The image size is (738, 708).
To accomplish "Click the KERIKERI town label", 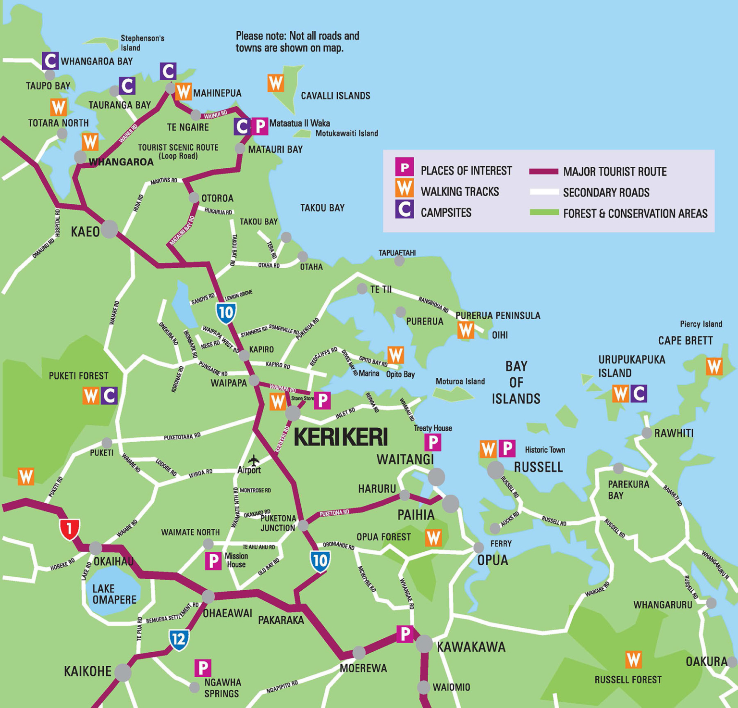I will (340, 437).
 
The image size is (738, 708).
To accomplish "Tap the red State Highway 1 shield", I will (70, 529).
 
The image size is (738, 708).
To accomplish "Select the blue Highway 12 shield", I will (179, 639).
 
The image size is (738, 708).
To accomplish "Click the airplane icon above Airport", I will (253, 460).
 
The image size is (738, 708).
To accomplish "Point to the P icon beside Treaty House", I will (432, 442).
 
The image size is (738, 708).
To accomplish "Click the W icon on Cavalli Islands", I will (276, 83).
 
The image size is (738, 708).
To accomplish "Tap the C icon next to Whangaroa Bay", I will (50, 61).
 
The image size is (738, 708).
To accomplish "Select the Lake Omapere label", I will (114, 594).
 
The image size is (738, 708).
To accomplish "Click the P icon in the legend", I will (404, 167).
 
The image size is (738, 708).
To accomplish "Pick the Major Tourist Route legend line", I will (544, 172).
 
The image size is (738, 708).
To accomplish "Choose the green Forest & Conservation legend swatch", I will (544, 212).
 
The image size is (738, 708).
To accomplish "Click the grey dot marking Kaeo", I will (110, 229).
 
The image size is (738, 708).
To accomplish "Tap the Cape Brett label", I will (685, 341).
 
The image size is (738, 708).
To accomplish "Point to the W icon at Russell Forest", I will (633, 659).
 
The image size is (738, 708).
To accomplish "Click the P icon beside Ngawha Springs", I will (203, 668).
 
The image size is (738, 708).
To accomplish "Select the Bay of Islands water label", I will (516, 383).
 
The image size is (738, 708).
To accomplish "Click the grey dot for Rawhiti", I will (647, 433).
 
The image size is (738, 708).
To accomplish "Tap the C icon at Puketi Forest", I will (110, 396).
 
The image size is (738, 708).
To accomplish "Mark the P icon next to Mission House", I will (213, 560).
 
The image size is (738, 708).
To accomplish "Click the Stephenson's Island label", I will (142, 43).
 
